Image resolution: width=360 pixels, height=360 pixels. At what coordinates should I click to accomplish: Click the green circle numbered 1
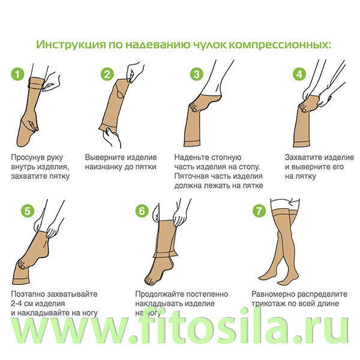17,74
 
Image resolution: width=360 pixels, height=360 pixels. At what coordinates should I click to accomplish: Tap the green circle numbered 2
107,74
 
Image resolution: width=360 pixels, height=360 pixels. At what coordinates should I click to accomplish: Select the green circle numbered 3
197,74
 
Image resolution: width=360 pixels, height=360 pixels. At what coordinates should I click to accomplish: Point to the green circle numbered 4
299,74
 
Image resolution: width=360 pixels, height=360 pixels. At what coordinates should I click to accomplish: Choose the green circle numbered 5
28,211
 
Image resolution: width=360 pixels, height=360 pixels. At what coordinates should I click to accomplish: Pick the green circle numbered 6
142,211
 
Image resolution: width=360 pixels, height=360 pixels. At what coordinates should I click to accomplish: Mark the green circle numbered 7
259,211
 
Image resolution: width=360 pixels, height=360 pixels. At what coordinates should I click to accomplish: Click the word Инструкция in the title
71,44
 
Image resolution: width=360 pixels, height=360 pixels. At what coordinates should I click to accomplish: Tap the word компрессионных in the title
280,44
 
